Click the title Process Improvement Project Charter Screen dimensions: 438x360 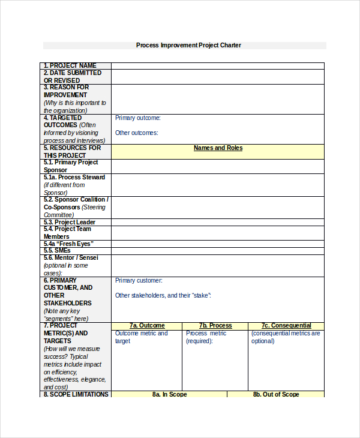(188, 45)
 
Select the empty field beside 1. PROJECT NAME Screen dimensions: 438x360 (217, 66)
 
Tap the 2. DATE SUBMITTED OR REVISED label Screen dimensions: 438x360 (73, 76)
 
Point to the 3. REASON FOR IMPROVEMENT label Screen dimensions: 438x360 (66, 91)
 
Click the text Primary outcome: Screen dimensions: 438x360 (138, 118)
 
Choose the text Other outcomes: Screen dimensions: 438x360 (137, 133)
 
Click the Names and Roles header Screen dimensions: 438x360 (218, 148)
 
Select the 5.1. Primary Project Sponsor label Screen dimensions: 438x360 (71, 166)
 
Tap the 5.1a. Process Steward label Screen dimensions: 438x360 (74, 178)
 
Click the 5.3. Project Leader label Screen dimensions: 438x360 (70, 222)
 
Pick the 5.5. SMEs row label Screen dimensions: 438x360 (57, 250)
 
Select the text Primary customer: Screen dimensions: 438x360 (139, 280)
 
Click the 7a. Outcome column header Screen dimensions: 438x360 (147, 325)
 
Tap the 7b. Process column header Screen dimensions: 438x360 (215, 325)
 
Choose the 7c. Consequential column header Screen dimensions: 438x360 (286, 325)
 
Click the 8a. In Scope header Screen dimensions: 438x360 (169, 394)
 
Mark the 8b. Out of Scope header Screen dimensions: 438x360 (275, 394)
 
